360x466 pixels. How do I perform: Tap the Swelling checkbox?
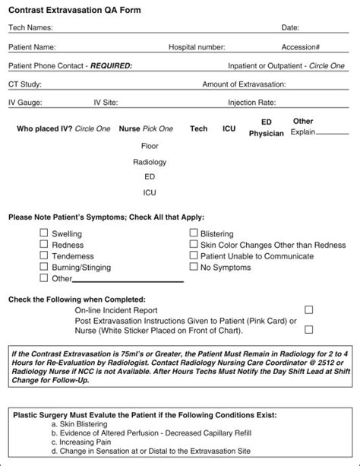coord(44,233)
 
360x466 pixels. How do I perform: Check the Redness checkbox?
coord(44,245)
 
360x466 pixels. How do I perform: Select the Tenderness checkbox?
coord(44,256)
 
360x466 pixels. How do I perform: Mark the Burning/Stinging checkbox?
coord(44,267)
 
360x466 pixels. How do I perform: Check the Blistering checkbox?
coord(193,233)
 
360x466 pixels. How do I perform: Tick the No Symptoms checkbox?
coord(193,267)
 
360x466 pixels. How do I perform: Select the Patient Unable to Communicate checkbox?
coord(193,256)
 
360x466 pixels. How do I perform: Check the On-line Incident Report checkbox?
coord(308,310)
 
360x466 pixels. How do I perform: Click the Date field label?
coord(290,28)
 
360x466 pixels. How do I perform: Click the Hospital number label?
coord(196,47)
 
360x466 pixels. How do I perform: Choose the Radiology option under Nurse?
coord(149,162)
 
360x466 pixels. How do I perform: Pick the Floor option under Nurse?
coord(149,146)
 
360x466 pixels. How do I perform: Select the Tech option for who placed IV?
coord(198,129)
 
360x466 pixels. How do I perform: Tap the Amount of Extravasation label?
coord(243,84)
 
